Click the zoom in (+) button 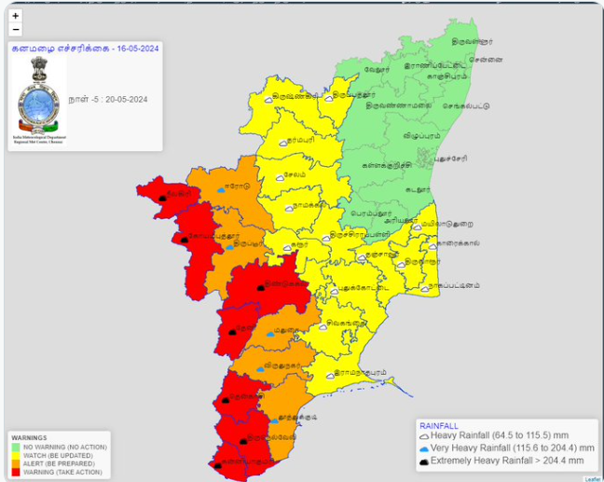[x=16, y=16]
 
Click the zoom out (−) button [x=16, y=30]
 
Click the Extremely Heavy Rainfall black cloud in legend [x=424, y=461]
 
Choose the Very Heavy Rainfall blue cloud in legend [x=424, y=448]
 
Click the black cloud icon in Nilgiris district [x=163, y=198]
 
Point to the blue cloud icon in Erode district [x=221, y=189]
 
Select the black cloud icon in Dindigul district [x=260, y=287]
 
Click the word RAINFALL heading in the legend [x=439, y=425]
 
